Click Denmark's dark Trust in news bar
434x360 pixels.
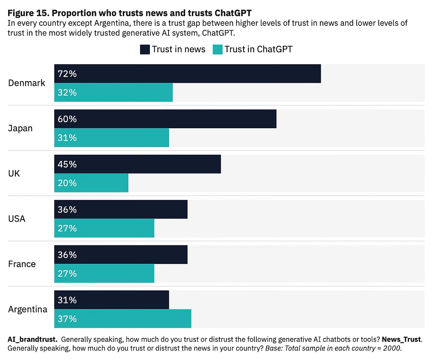tap(187, 74)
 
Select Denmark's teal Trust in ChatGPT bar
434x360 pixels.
tap(113, 92)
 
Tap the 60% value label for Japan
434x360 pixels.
tap(67, 119)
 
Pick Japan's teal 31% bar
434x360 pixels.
tap(111, 138)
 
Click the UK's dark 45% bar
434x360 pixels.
tap(137, 164)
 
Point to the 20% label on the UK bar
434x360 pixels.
tap(67, 183)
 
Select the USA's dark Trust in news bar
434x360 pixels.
tap(121, 209)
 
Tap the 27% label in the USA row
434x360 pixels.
tap(67, 228)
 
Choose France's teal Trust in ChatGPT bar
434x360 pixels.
tap(104, 273)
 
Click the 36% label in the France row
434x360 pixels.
tap(67, 255)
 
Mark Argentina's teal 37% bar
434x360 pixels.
tap(122, 319)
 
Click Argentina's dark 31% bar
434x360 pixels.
tap(111, 300)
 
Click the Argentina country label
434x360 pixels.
tap(28, 309)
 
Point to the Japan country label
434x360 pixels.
tap(20, 129)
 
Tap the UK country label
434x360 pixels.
tap(14, 174)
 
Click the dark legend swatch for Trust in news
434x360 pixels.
tap(145, 50)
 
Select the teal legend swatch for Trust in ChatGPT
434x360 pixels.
tap(217, 50)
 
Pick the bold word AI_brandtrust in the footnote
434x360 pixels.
tap(32, 339)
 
